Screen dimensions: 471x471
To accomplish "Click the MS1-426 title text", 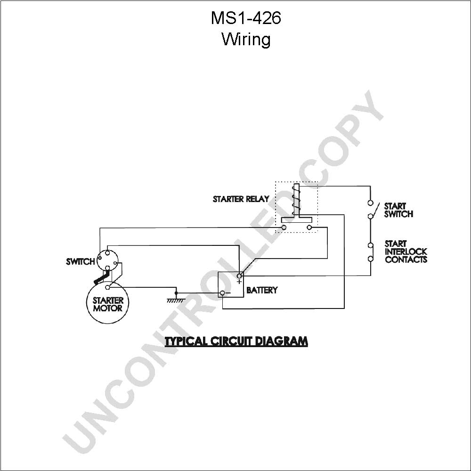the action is click(246, 18).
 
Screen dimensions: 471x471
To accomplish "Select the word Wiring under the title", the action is click(246, 40).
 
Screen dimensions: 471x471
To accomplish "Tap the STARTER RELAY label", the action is click(241, 199).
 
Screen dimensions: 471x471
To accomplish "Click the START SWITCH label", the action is click(398, 210).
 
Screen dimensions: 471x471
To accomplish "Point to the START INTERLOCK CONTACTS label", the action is click(406, 252).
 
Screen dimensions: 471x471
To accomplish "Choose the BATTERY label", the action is click(262, 290).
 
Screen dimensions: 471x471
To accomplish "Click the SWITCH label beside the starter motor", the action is click(81, 261).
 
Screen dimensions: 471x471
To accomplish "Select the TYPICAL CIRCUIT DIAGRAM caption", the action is click(236, 341).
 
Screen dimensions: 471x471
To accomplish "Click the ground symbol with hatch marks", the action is click(176, 300).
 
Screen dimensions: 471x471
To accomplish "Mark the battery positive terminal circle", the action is click(239, 276).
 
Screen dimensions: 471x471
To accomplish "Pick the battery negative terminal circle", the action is click(223, 293).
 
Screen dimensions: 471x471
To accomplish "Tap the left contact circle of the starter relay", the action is click(284, 227).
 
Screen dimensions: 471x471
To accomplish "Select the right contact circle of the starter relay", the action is click(309, 227).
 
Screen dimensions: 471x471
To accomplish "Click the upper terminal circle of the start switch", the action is click(370, 203).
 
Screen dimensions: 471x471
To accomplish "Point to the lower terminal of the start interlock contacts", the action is click(371, 258).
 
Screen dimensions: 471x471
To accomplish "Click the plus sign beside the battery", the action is click(239, 282).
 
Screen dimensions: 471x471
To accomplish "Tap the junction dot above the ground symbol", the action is click(176, 293).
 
